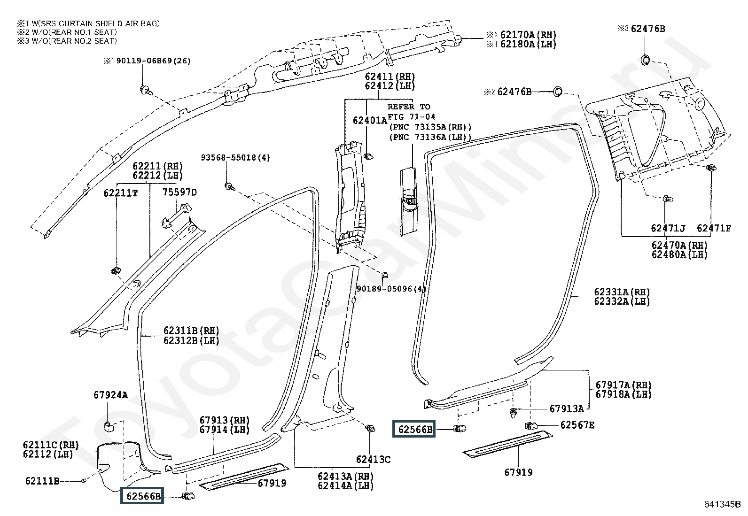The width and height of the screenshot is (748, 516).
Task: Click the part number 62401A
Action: click(370, 120)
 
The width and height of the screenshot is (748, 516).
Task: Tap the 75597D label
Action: click(179, 192)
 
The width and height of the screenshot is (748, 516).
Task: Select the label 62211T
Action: click(120, 193)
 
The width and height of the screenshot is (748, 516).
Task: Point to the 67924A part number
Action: click(110, 395)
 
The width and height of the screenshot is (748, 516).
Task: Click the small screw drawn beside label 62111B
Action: click(84, 481)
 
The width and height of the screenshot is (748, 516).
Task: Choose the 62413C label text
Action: click(373, 460)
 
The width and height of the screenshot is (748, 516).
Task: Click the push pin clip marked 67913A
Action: click(513, 414)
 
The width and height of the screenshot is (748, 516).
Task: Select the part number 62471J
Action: click(668, 228)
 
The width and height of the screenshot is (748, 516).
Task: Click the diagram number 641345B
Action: click(723, 504)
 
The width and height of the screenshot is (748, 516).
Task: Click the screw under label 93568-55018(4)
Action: click(229, 186)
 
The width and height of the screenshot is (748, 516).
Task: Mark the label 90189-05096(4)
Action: click(391, 289)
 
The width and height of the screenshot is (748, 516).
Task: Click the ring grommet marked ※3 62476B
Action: click(646, 60)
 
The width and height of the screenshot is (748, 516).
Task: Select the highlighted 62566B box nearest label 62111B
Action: click(142, 496)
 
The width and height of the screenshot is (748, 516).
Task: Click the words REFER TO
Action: click(409, 107)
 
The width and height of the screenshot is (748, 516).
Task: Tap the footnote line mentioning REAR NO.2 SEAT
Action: click(67, 41)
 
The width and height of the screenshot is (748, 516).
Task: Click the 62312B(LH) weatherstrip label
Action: click(191, 340)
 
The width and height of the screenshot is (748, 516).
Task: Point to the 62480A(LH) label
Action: click(679, 254)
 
